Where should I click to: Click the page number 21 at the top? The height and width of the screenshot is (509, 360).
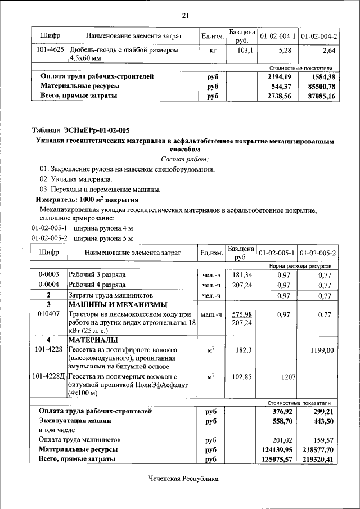185,15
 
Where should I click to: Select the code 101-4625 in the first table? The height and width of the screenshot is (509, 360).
49,51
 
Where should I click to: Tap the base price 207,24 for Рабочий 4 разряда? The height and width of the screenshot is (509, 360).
241,285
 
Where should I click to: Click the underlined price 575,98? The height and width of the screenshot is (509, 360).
241,314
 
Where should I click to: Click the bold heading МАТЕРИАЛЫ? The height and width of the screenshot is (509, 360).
93,340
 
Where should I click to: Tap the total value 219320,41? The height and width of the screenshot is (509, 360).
316,460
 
